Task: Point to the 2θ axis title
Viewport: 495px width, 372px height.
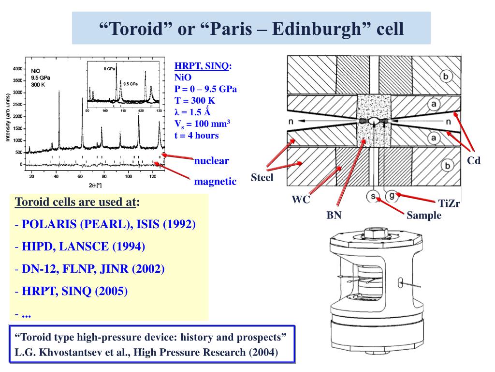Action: coord(95,186)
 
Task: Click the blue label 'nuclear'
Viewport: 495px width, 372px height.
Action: coord(211,161)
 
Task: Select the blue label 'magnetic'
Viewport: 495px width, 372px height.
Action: coord(215,181)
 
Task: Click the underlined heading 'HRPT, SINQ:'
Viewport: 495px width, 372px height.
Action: coord(203,66)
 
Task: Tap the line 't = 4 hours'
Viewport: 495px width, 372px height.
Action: coord(197,135)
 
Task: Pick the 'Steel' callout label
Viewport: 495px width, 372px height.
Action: coord(262,178)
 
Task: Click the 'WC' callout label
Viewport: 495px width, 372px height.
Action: coord(300,199)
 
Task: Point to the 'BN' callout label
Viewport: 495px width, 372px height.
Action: coord(334,215)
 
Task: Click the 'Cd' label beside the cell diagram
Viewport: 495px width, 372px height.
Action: coord(473,161)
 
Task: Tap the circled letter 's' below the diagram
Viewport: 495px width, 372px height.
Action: coord(373,196)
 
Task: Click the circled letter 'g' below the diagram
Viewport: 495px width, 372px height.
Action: coord(391,196)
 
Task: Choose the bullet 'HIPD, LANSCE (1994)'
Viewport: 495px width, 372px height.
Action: coord(83,247)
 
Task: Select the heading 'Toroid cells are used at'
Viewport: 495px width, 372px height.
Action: coord(74,202)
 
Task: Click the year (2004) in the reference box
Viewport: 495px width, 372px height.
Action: coord(263,352)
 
